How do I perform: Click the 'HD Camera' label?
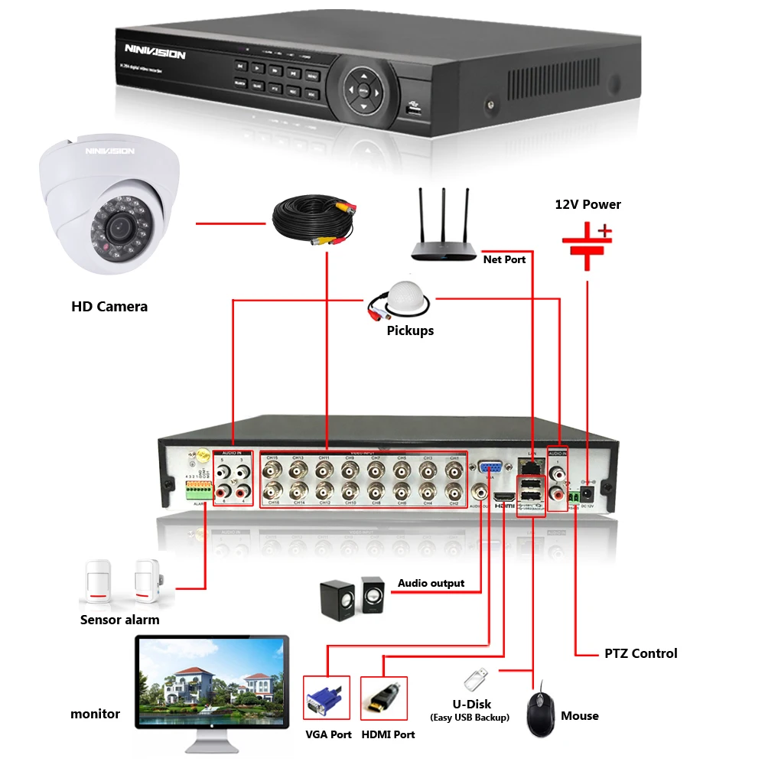[109, 307]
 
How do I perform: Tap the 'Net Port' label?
[504, 259]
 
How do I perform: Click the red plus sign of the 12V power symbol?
[604, 229]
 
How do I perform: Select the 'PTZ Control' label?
[640, 653]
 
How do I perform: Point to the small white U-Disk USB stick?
[474, 677]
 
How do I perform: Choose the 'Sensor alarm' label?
[120, 620]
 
